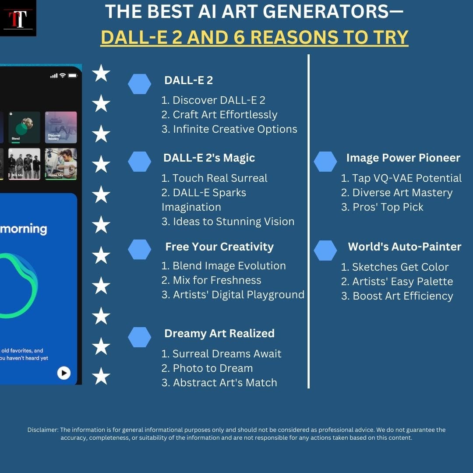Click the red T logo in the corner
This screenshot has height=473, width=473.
click(x=18, y=18)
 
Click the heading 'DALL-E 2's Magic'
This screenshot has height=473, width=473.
click(x=209, y=158)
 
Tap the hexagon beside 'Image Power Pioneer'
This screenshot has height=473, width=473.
click(x=325, y=162)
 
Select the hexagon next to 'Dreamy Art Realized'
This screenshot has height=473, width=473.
click(x=139, y=337)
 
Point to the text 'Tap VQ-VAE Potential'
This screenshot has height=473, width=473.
click(x=401, y=178)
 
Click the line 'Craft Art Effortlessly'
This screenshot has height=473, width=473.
click(x=219, y=115)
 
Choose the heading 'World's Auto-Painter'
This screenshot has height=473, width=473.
click(x=404, y=247)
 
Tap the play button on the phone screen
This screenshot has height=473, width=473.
click(x=64, y=373)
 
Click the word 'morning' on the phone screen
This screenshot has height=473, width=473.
click(x=24, y=229)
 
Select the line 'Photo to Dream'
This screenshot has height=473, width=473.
click(x=207, y=368)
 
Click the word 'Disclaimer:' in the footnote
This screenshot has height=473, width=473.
click(x=43, y=430)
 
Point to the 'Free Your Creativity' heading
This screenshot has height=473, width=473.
click(x=219, y=247)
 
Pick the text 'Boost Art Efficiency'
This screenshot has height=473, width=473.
click(x=397, y=296)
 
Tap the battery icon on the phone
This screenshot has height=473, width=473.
click(x=72, y=76)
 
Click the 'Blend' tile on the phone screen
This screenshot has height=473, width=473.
click(x=24, y=127)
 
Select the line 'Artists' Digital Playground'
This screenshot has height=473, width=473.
click(x=233, y=295)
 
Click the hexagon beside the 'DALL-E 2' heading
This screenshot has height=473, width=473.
click(x=139, y=84)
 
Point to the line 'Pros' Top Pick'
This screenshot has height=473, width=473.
click(x=382, y=207)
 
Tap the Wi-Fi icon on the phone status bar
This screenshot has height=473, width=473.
click(x=63, y=76)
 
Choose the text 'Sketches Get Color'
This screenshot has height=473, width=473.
click(x=395, y=267)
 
